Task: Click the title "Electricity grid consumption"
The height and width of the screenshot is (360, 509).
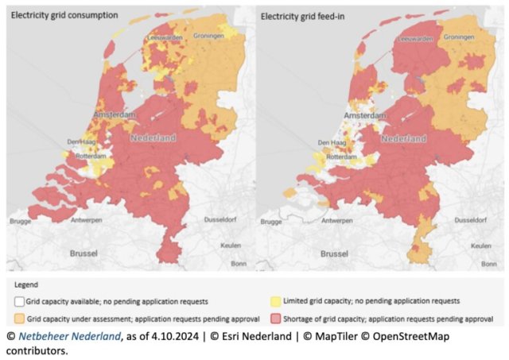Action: pyautogui.click(x=63, y=15)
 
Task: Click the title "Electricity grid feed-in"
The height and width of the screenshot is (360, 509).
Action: pyautogui.click(x=306, y=15)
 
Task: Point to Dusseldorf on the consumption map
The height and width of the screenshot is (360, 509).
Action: pyautogui.click(x=227, y=219)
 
